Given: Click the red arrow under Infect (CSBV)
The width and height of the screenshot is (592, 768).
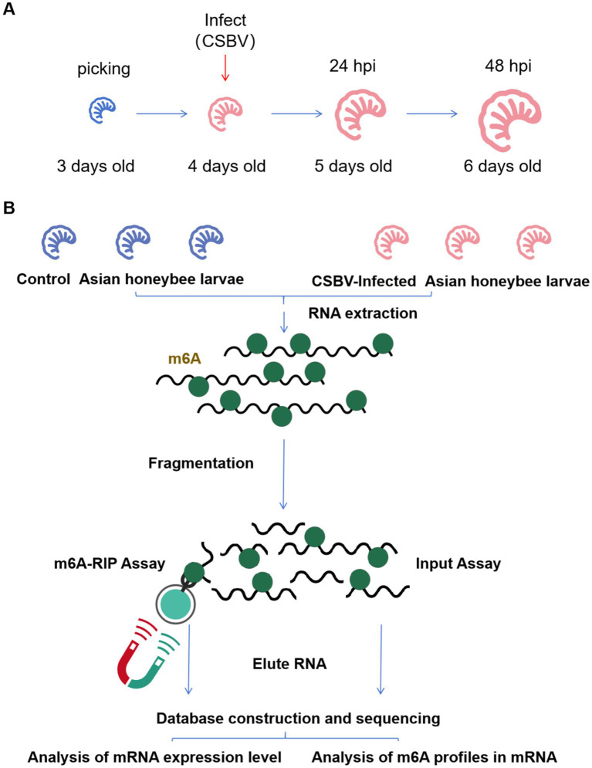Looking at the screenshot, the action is point(225,68).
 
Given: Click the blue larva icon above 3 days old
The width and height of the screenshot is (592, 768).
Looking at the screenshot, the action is point(102,110).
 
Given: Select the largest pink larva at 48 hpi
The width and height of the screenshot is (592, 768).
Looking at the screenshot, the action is point(509,120).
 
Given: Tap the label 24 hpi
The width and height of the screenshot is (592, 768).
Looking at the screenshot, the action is point(353,66).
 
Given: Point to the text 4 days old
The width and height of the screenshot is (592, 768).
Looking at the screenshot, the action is point(227,166).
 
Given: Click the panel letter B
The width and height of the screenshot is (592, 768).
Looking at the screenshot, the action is point(8,208).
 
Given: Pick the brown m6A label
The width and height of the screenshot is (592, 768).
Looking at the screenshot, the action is point(184,359).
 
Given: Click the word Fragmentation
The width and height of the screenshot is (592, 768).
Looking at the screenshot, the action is point(201,463).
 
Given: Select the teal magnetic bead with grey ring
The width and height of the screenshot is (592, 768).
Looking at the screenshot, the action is point(175,604).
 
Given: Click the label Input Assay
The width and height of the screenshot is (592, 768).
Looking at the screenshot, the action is point(458,563).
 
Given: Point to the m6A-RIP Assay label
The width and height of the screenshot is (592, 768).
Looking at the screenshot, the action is point(110,563).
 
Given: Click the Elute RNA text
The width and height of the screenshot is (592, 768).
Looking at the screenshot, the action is point(289,664).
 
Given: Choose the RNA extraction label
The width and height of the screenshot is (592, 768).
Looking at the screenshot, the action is point(363,313).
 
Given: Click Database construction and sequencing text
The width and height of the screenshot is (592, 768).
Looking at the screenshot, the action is point(298,719).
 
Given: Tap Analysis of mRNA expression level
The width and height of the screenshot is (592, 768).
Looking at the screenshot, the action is point(154,757).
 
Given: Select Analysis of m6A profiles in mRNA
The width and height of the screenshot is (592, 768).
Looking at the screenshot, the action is point(435,757).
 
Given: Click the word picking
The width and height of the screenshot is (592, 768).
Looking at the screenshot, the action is point(103,69).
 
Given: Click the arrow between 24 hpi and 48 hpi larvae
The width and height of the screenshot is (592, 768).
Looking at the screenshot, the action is point(432,113).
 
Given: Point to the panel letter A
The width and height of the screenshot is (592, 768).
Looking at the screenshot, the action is point(8,8).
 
